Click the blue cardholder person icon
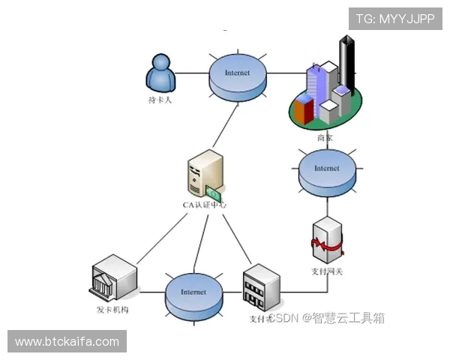click(160, 72)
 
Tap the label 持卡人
click(160, 100)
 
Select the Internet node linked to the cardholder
click(237, 73)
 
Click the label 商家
click(325, 138)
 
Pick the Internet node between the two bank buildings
click(193, 292)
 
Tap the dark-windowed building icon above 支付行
click(260, 288)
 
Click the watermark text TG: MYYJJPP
click(395, 19)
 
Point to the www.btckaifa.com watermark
click(67, 342)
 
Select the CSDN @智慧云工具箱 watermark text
click(327, 318)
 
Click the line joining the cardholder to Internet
click(192, 73)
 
